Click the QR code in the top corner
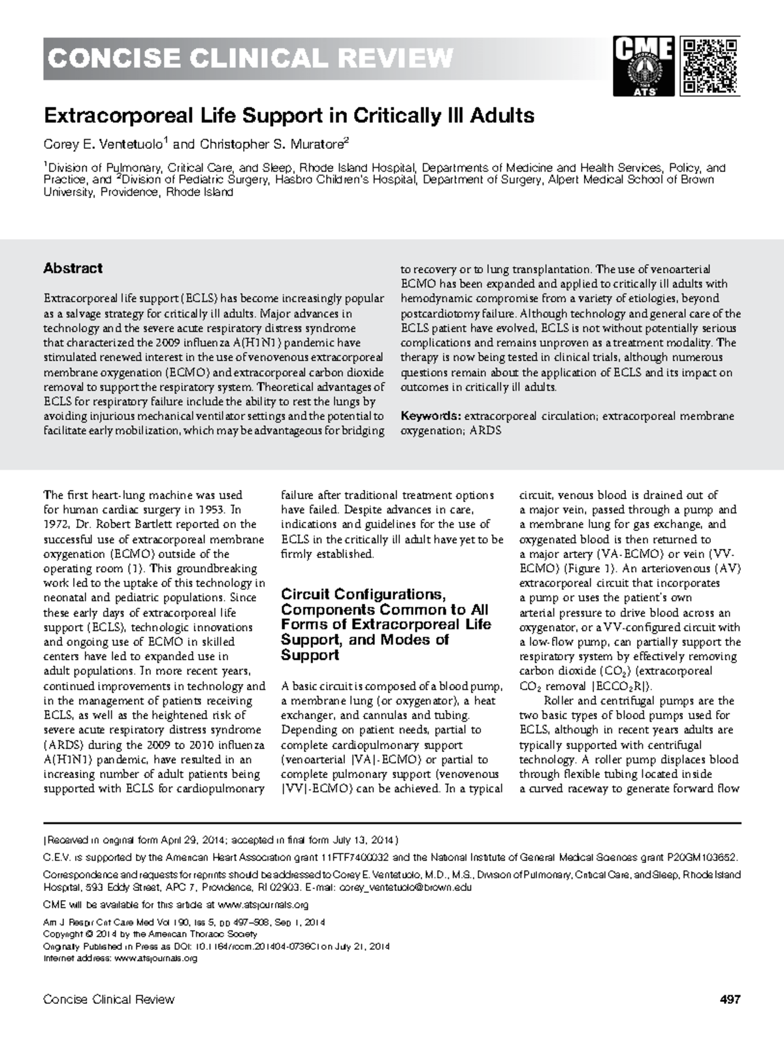(711, 66)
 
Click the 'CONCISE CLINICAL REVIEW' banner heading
(249, 59)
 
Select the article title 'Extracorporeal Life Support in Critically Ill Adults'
(289, 116)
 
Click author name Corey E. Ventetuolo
(106, 143)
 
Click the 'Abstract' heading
(73, 268)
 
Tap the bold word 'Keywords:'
(431, 417)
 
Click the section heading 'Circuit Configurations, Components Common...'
(385, 624)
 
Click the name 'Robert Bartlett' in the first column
(123, 524)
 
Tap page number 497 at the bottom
(729, 999)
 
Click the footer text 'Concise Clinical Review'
(108, 999)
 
